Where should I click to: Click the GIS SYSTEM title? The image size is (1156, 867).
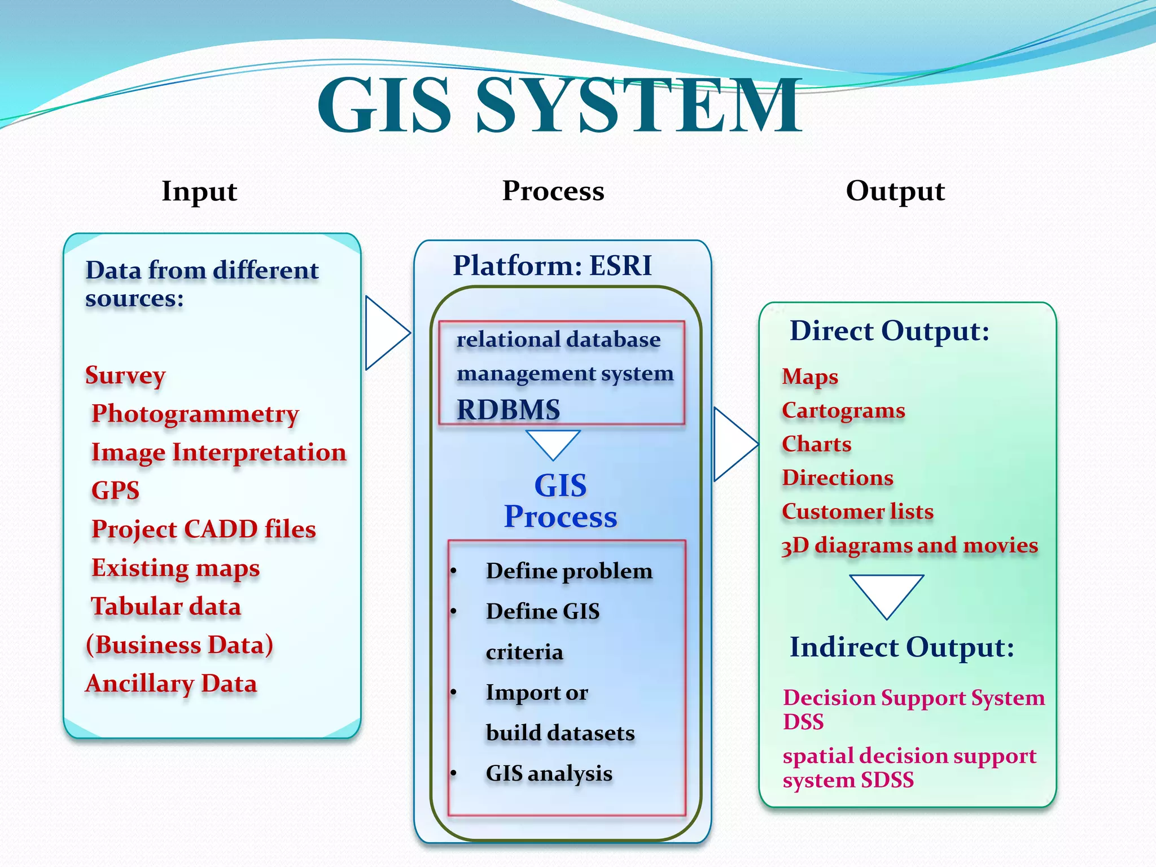[x=559, y=106]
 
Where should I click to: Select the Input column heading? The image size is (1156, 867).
[x=199, y=191]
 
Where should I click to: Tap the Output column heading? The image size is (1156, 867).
[x=895, y=191]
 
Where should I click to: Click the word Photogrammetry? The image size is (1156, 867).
[x=195, y=414]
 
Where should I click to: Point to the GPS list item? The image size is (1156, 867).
[x=115, y=490]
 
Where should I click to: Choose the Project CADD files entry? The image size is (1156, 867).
[x=203, y=529]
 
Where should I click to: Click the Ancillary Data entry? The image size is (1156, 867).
[x=171, y=684]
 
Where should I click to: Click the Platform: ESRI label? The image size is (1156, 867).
[x=552, y=265]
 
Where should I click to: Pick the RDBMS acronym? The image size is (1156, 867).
[x=508, y=410]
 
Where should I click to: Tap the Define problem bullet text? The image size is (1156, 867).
[x=569, y=571]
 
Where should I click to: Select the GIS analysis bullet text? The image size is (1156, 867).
[x=549, y=773]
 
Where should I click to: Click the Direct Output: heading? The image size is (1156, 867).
[x=889, y=331]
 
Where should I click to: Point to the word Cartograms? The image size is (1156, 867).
[x=843, y=411]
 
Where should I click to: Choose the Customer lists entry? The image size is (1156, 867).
[x=857, y=511]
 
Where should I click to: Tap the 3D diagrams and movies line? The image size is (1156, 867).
[x=909, y=545]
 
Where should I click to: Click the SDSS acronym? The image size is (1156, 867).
[x=887, y=781]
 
